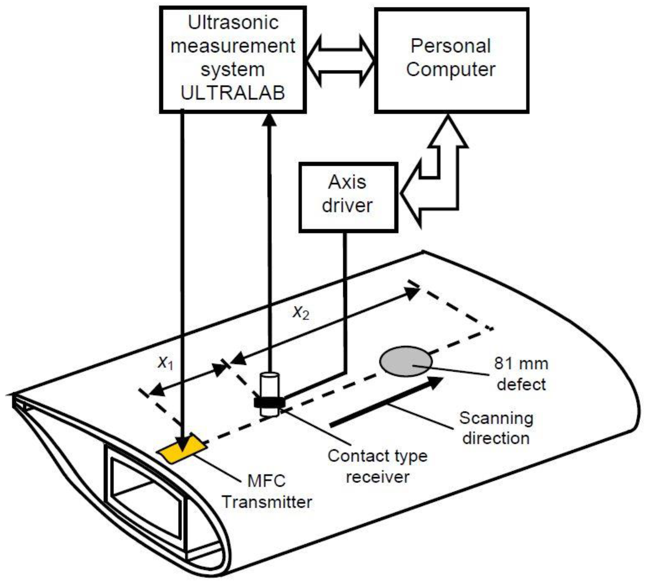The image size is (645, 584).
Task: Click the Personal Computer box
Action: pyautogui.click(x=451, y=60)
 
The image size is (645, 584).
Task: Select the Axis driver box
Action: pyautogui.click(x=348, y=197)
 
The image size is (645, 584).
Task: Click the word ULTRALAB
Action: pyautogui.click(x=233, y=93)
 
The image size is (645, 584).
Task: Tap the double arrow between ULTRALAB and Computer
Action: pyautogui.click(x=340, y=61)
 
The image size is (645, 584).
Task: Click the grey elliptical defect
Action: pyautogui.click(x=406, y=361)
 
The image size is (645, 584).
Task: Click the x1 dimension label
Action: pyautogui.click(x=166, y=362)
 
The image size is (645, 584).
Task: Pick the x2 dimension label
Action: pyautogui.click(x=301, y=313)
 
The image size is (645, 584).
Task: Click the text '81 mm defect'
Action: pyautogui.click(x=521, y=374)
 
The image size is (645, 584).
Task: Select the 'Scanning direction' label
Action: pyautogui.click(x=496, y=428)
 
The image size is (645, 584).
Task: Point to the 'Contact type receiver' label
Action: pyautogui.click(x=378, y=466)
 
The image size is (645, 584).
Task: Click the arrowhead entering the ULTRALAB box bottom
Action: pyautogui.click(x=269, y=120)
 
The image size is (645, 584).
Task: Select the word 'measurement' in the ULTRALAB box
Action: pyautogui.click(x=233, y=46)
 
